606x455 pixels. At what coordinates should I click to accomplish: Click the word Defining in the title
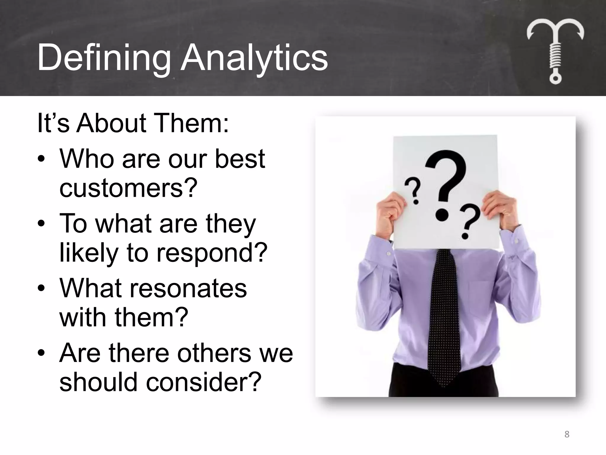pos(104,57)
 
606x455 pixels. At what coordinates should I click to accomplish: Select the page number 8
pos(567,434)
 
